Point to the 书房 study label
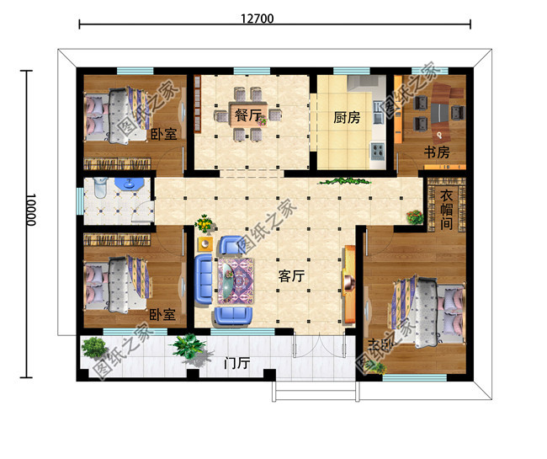click(436, 152)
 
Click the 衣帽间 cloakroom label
click(448, 211)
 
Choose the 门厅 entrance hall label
click(236, 365)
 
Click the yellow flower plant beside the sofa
click(204, 223)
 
